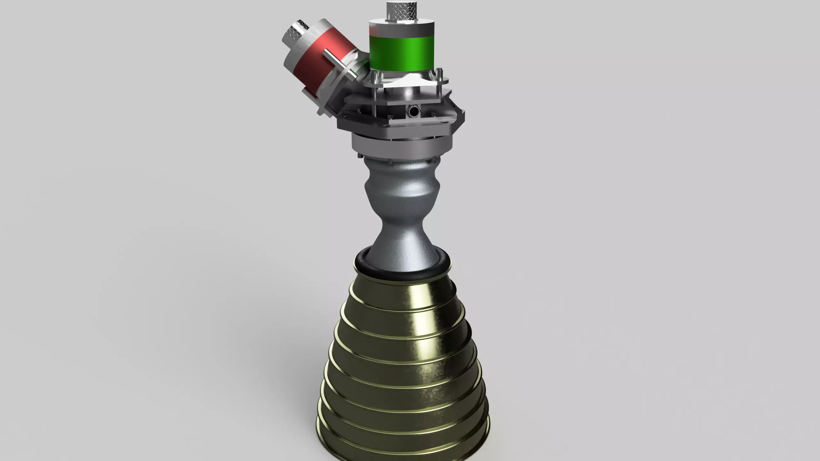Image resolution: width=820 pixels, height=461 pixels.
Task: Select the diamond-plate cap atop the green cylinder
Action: tap(401, 12)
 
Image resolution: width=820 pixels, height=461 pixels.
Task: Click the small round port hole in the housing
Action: tap(413, 111)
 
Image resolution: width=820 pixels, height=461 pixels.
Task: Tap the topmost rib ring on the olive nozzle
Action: tap(400, 290)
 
